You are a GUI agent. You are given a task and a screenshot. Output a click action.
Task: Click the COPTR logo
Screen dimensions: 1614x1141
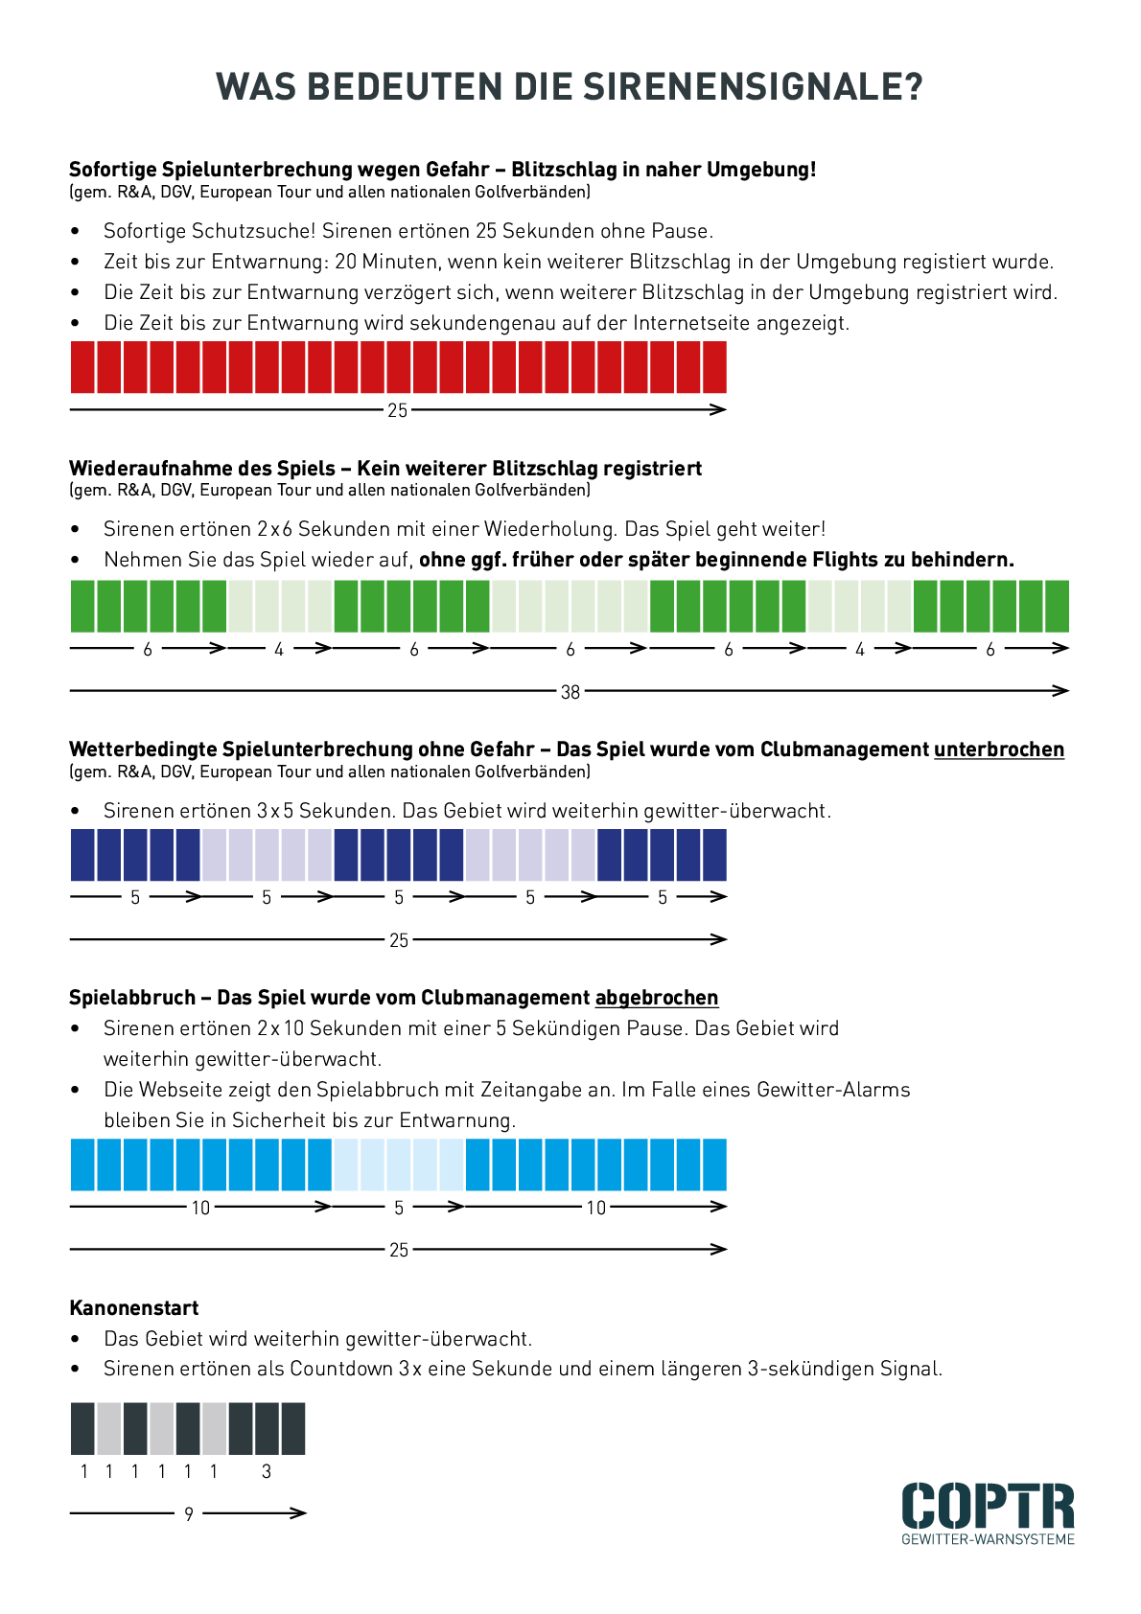(x=988, y=1506)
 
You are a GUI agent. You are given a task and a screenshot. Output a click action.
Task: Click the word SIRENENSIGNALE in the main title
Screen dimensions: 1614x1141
(x=754, y=87)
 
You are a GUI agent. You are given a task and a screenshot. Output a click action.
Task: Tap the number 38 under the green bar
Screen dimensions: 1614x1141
(x=570, y=692)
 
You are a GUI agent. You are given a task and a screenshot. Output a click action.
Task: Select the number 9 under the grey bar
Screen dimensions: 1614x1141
(x=189, y=1514)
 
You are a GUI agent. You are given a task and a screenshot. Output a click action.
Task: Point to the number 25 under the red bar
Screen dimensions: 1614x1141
(x=398, y=411)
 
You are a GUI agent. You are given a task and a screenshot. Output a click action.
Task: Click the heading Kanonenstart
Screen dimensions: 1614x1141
(x=134, y=1308)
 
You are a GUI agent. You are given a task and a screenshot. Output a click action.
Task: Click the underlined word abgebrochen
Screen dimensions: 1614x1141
(x=657, y=998)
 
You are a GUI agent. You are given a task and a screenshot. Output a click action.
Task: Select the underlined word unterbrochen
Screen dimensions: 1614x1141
(x=999, y=749)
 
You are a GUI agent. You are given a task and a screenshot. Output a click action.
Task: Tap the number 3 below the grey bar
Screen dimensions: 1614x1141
(x=267, y=1472)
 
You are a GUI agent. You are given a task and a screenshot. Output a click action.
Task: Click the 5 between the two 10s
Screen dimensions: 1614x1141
(x=399, y=1208)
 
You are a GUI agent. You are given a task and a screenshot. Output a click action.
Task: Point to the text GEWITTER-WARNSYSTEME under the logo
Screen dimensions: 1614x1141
(x=988, y=1539)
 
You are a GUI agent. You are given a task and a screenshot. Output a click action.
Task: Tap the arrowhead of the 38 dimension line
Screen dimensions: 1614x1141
(x=1062, y=690)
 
